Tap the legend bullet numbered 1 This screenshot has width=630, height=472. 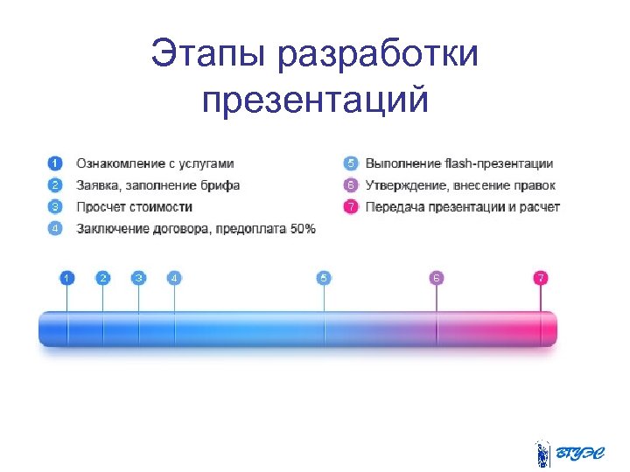point(55,163)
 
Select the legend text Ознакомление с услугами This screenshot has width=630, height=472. point(155,163)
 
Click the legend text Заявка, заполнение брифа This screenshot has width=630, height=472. point(157,185)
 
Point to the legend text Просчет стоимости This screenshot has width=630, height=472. point(134,207)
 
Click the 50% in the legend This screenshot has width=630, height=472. point(303,229)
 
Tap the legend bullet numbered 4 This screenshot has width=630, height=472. point(55,229)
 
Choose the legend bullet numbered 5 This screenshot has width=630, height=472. point(350,163)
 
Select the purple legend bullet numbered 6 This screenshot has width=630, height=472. point(350,185)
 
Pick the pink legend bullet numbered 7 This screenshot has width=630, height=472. point(350,207)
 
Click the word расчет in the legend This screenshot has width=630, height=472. point(541,207)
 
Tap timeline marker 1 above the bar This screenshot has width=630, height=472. point(67,278)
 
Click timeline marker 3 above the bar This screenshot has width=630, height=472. point(138,278)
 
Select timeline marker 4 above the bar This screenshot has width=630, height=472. point(174,278)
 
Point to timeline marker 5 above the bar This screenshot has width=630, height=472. point(324,278)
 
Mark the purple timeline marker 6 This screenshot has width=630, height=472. point(437,278)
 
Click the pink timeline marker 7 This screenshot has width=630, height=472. point(541,278)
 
